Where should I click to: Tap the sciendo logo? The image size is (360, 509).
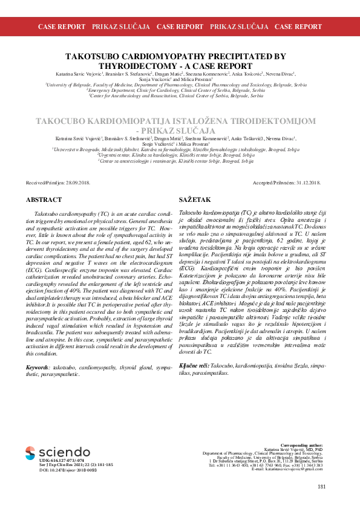point(57,452)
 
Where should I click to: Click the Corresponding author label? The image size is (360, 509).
point(303,444)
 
